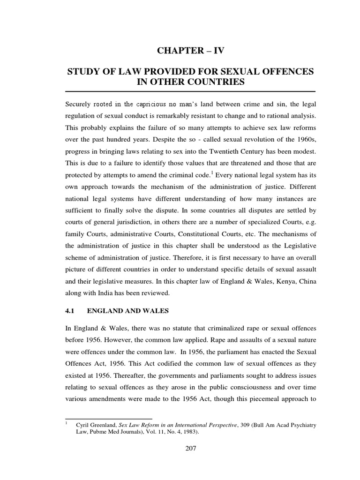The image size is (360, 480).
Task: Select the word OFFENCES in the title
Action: tap(284, 73)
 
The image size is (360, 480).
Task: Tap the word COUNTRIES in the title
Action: tap(217, 83)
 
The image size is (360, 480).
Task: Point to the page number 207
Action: tap(190, 448)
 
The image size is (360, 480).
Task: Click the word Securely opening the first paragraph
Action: tap(78, 104)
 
